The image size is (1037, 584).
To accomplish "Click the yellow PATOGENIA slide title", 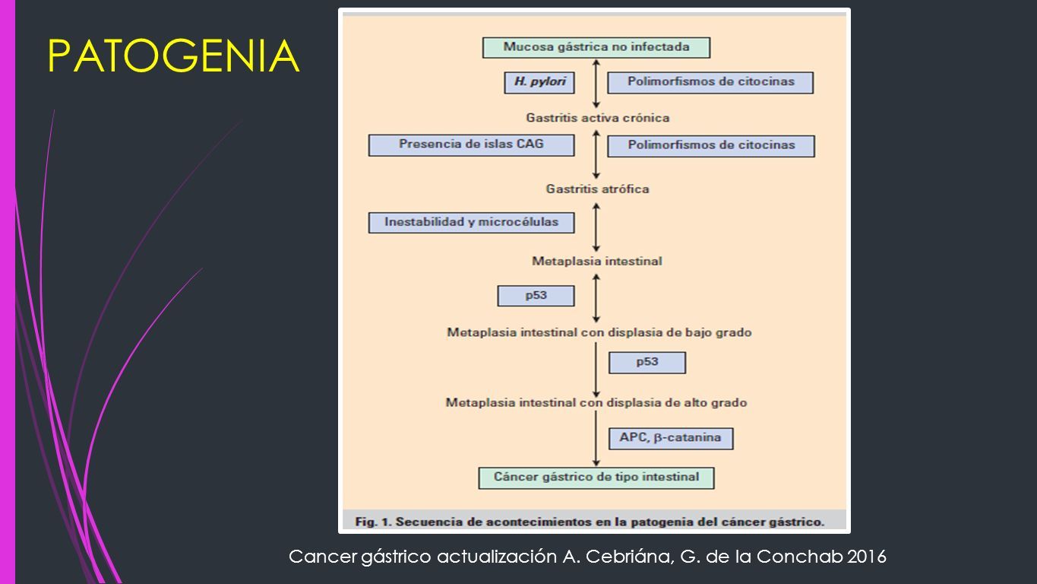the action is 174,56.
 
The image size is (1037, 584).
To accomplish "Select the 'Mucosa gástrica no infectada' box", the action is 596,48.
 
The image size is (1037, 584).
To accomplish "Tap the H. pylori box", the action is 539,82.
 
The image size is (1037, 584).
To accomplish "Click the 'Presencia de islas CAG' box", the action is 471,145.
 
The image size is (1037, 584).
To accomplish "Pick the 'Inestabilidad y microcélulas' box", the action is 471,223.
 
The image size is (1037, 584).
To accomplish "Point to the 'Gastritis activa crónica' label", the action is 598,118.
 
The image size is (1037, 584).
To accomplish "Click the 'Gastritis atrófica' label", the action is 598,189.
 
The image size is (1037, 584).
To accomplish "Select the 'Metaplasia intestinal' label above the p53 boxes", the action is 596,262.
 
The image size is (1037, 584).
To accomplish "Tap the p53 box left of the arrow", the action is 536,296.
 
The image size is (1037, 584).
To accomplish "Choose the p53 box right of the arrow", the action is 647,363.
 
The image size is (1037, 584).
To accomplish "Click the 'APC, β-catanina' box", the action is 671,439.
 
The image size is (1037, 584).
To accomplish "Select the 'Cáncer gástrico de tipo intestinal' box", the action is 596,478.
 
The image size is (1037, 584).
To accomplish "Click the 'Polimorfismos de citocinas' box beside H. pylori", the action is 710,82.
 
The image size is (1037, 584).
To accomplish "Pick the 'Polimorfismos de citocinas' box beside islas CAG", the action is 711,146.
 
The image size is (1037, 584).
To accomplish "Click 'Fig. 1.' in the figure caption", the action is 373,522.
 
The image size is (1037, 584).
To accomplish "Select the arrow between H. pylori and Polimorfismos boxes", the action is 596,84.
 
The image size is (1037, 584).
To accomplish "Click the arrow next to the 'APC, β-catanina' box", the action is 596,439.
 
